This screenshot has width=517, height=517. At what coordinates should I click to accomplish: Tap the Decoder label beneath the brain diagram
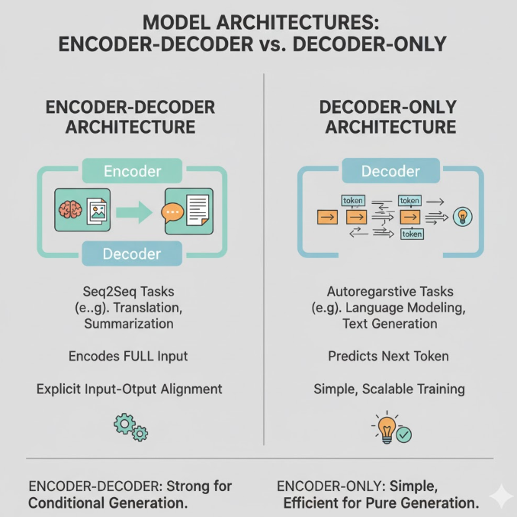click(x=131, y=254)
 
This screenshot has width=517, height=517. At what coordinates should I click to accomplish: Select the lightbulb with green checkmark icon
click(x=392, y=429)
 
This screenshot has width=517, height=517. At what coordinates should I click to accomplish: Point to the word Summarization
click(x=130, y=324)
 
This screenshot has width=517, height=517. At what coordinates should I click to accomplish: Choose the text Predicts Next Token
click(x=389, y=356)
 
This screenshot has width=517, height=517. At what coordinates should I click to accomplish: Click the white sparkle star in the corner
click(x=501, y=496)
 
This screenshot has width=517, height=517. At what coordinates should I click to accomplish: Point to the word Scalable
click(x=388, y=389)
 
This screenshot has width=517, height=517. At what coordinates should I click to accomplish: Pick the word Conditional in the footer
click(x=68, y=503)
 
